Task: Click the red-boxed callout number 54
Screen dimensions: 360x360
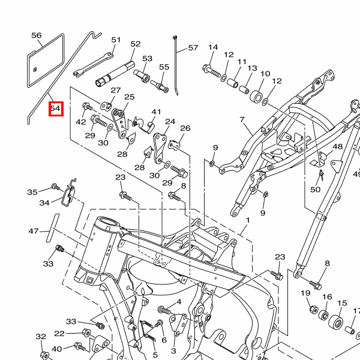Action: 56,109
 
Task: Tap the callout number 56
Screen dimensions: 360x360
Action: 37,36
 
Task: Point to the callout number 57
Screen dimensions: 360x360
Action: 193,47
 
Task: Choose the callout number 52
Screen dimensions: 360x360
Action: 135,44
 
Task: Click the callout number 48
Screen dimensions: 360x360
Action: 337,146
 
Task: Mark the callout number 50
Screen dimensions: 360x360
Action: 316,190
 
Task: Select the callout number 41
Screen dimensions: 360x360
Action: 157,112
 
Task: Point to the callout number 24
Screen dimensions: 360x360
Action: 170,122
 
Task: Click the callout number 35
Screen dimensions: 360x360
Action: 32,192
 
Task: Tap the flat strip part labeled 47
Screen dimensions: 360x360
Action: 50,226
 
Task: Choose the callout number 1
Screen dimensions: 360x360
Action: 247,221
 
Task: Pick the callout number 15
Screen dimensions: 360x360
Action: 342,303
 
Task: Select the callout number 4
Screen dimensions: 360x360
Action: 178,301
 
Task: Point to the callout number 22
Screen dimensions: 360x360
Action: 59,334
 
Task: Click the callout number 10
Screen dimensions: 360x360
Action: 265,74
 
